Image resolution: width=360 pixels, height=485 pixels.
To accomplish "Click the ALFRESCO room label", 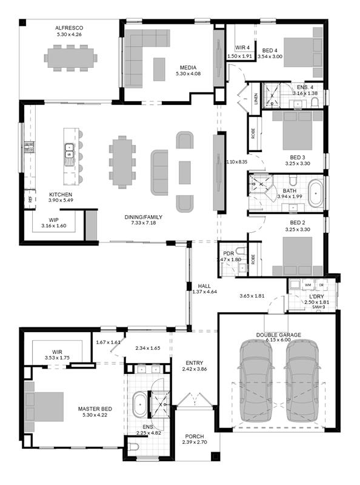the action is [69, 28].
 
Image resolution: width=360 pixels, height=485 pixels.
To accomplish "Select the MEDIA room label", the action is [188, 68].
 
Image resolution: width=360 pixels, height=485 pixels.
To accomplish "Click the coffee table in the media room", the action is [159, 69].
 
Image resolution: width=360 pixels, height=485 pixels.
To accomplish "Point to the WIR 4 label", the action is [242, 48].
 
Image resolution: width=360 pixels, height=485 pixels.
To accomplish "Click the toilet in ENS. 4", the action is [315, 103].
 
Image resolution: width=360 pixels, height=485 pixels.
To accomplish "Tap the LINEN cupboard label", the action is [256, 99].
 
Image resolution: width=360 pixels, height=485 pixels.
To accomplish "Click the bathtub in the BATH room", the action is [316, 193].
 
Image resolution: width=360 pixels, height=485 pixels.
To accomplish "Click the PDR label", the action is [228, 254].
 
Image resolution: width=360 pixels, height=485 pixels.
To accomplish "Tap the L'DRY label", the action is [316, 296].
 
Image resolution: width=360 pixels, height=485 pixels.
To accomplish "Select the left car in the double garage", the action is [256, 381].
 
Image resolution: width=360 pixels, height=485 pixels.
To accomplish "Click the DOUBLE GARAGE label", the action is [278, 335].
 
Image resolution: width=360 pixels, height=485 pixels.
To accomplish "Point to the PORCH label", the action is [194, 436].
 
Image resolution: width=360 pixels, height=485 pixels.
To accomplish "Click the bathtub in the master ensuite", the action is [141, 404].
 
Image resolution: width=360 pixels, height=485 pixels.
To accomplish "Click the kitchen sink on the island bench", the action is [68, 150].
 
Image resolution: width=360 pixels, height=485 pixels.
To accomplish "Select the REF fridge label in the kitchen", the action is [30, 200].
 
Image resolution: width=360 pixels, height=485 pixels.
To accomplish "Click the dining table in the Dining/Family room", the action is [122, 162].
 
